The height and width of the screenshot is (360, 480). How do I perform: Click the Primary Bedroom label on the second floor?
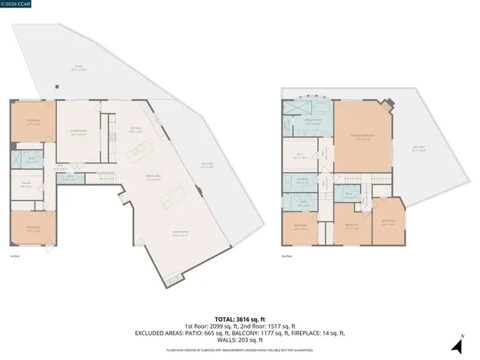[362, 136]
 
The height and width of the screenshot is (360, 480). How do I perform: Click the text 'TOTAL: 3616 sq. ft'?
[240, 318]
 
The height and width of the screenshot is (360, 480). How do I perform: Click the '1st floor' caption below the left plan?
[15, 256]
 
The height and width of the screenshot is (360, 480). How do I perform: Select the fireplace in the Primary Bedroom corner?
[387, 105]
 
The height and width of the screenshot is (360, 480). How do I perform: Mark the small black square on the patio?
[55, 85]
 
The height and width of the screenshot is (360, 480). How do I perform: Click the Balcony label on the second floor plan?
[419, 148]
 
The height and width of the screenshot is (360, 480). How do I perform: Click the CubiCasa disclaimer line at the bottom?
[240, 350]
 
